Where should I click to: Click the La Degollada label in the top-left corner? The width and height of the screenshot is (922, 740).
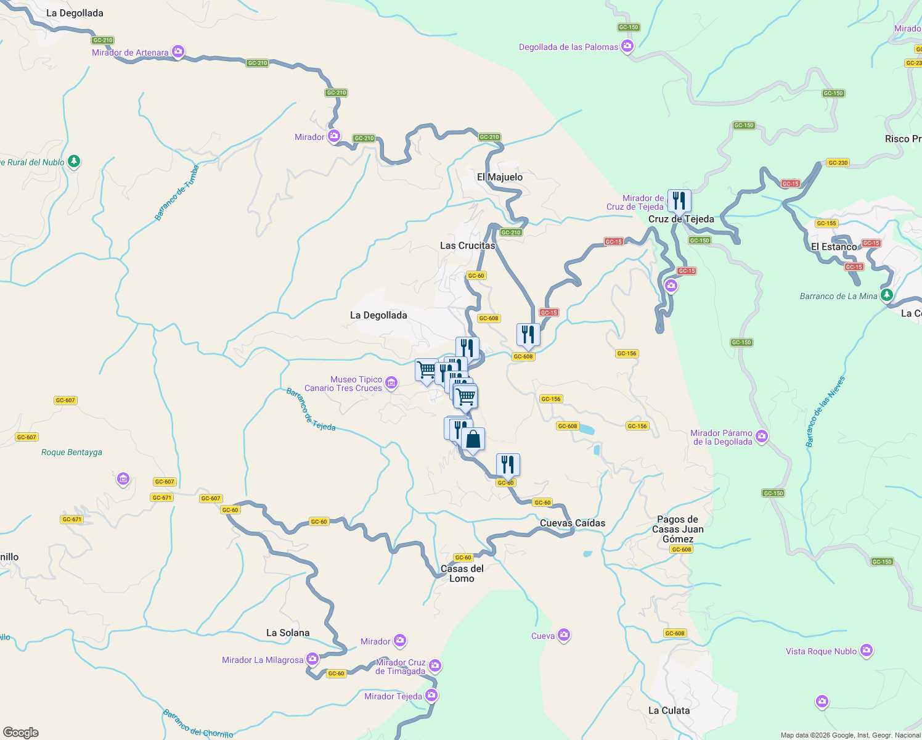(75, 13)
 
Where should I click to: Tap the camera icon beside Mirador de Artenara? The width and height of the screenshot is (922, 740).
(178, 52)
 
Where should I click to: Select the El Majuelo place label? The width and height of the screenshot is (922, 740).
(500, 177)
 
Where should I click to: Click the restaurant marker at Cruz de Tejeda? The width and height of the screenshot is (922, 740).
(679, 200)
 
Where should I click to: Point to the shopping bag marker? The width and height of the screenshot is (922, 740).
(473, 440)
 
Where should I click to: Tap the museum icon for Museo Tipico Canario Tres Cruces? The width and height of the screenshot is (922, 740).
(392, 384)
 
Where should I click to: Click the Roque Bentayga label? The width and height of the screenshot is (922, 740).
(71, 452)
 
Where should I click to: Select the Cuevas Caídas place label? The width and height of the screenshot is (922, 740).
(573, 523)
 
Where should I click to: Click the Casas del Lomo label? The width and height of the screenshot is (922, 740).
(462, 573)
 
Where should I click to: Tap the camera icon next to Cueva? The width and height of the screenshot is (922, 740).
(564, 636)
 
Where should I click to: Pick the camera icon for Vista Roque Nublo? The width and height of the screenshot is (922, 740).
(867, 651)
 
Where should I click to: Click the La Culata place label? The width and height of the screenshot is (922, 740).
(669, 710)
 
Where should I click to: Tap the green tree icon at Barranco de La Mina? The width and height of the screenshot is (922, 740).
(887, 295)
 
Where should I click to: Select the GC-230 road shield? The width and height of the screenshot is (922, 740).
(838, 163)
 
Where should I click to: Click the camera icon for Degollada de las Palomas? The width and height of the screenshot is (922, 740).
(627, 46)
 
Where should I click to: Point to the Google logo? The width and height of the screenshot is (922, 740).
(21, 732)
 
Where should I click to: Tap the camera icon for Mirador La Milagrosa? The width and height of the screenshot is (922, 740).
(312, 659)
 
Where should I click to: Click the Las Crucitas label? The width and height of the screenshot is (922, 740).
(467, 245)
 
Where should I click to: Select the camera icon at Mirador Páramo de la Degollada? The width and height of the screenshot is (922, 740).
(762, 437)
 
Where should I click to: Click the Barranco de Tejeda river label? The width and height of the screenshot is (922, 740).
(311, 409)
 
